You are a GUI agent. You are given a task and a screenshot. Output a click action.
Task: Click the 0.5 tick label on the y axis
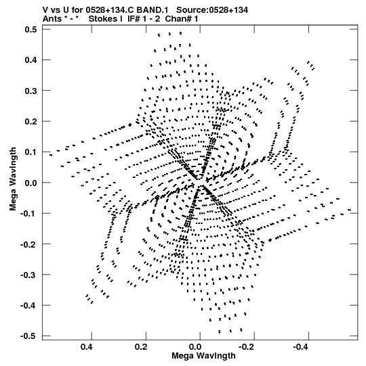tap(30, 29)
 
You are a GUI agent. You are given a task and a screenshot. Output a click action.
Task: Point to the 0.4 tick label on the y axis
tap(30, 60)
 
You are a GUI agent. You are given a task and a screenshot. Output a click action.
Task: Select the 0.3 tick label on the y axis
tap(30, 91)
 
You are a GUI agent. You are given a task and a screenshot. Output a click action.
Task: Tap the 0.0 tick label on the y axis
tap(30, 183)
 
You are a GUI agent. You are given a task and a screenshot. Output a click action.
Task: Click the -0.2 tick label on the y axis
tap(28, 244)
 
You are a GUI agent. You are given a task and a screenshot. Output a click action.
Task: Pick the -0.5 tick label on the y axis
tap(28, 336)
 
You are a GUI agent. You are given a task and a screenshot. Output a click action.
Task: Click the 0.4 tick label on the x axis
tap(86, 347)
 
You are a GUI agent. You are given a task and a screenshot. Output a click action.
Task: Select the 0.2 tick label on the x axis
tap(140, 347)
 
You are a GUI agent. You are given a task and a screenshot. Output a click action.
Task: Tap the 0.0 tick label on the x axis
tap(195, 347)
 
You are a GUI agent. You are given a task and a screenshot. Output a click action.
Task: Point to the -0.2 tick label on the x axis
tap(247, 347)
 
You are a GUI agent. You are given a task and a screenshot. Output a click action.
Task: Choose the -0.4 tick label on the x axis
tap(302, 347)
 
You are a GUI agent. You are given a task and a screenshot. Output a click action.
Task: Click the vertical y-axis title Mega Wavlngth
tap(13, 179)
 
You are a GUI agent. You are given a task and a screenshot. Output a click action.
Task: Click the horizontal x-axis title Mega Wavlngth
tap(203, 356)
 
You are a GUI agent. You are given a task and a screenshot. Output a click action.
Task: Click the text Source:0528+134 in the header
tap(212, 10)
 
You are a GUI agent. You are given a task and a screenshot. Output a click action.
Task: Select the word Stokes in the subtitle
tap(103, 18)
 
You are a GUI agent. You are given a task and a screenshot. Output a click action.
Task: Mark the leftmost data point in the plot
tap(51, 155)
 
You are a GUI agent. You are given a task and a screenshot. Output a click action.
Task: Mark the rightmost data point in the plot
tap(350, 210)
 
